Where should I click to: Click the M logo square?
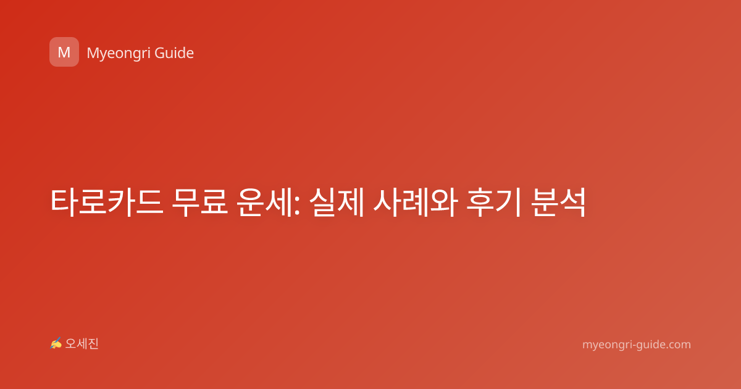click(64, 52)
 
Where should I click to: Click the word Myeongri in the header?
click(118, 54)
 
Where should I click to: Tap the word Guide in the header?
click(174, 53)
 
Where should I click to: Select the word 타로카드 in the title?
click(107, 203)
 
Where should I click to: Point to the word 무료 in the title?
click(200, 203)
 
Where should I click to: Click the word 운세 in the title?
click(265, 203)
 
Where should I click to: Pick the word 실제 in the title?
click(337, 203)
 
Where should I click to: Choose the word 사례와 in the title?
click(416, 203)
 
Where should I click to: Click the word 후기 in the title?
click(494, 203)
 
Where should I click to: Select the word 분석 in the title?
click(558, 203)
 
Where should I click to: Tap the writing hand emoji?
click(56, 343)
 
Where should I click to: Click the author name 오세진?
click(82, 344)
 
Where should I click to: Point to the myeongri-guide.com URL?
click(637, 345)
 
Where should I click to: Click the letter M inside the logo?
click(64, 52)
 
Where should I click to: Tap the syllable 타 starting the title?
click(64, 203)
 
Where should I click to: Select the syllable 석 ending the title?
click(573, 203)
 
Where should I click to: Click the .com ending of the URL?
click(678, 345)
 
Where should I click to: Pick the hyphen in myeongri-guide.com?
click(631, 345)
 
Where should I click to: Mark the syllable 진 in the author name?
click(93, 344)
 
